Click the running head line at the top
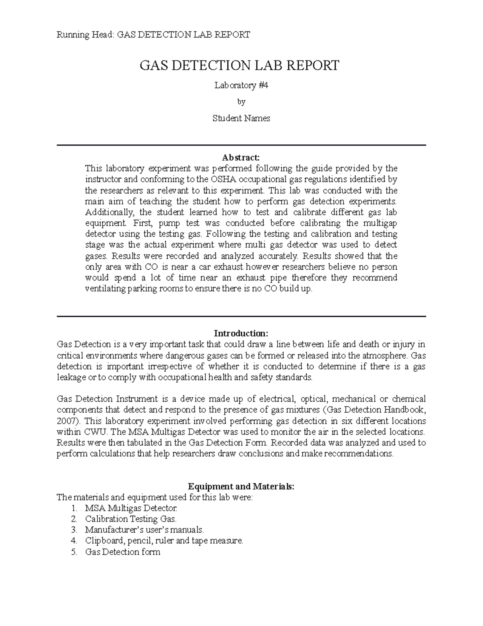pyautogui.click(x=153, y=35)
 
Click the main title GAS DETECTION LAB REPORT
pyautogui.click(x=239, y=65)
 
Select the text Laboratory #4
pyautogui.click(x=241, y=85)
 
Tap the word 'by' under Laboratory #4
pyautogui.click(x=241, y=102)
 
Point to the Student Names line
pyautogui.click(x=241, y=119)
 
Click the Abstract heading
pyautogui.click(x=241, y=157)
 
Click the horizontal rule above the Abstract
pyautogui.click(x=241, y=145)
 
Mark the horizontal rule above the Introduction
pyautogui.click(x=241, y=317)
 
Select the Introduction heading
pyautogui.click(x=241, y=333)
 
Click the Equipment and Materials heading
pyautogui.click(x=241, y=487)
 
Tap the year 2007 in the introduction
pyautogui.click(x=66, y=421)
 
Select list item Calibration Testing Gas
pyautogui.click(x=131, y=519)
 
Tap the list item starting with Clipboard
pyautogui.click(x=164, y=541)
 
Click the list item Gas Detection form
pyautogui.click(x=123, y=552)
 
